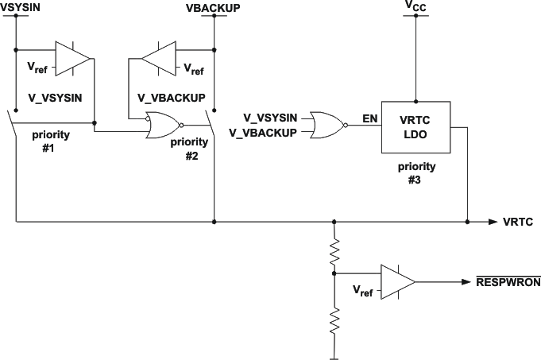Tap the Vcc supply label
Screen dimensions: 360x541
click(415, 6)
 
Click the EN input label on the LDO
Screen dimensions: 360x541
click(369, 118)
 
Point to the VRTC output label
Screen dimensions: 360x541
click(516, 222)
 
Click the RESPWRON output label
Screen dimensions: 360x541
click(508, 281)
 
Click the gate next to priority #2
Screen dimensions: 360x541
click(162, 125)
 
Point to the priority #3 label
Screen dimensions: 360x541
click(415, 172)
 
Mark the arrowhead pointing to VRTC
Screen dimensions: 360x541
click(493, 222)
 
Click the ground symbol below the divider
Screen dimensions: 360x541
click(334, 355)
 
